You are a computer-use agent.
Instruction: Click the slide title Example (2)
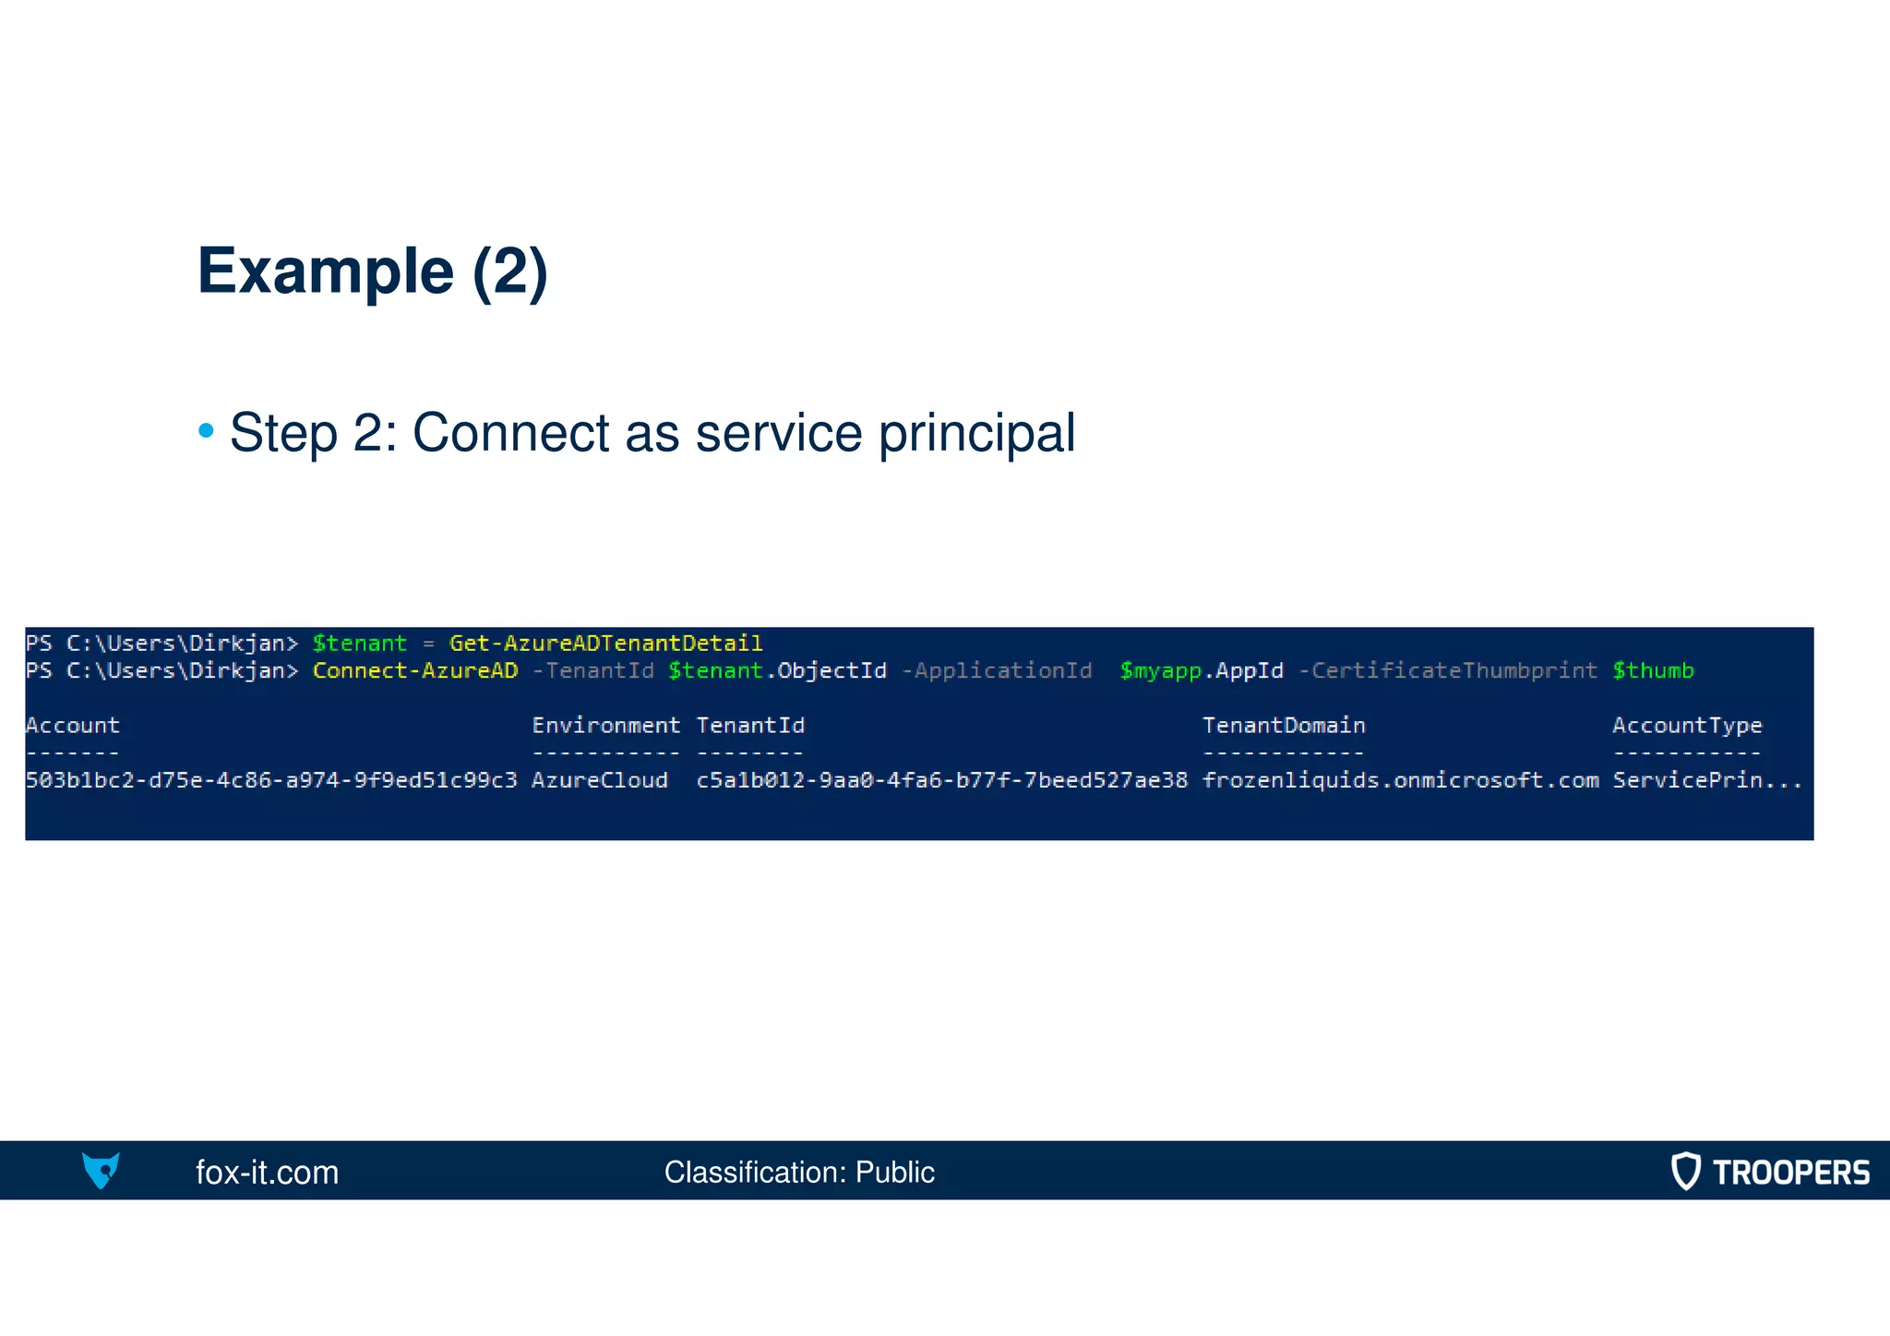pyautogui.click(x=372, y=271)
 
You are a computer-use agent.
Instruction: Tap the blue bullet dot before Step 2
pyautogui.click(x=207, y=431)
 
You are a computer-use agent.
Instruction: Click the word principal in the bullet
pyautogui.click(x=976, y=433)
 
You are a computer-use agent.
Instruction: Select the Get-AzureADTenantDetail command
pyautogui.click(x=605, y=644)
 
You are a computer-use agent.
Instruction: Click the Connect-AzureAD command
pyautogui.click(x=415, y=671)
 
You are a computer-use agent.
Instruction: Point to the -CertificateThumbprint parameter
pyautogui.click(x=1447, y=671)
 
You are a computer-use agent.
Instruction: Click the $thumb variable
pyautogui.click(x=1653, y=671)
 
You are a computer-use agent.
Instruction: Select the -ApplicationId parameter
pyautogui.click(x=997, y=671)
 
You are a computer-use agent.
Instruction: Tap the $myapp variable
pyautogui.click(x=1160, y=671)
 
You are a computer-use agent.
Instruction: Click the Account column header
pyautogui.click(x=73, y=726)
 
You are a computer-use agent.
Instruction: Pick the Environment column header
pyautogui.click(x=605, y=726)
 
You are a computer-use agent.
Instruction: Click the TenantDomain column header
pyautogui.click(x=1284, y=726)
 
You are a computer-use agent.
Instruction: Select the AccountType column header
pyautogui.click(x=1687, y=726)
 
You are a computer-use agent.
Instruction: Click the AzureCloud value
pyautogui.click(x=600, y=780)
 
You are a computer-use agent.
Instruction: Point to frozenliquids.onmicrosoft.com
pyautogui.click(x=1400, y=780)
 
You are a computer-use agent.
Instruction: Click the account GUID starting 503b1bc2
pyautogui.click(x=271, y=780)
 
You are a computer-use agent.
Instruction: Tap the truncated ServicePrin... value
pyautogui.click(x=1707, y=780)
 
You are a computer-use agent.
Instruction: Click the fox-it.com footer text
pyautogui.click(x=267, y=1172)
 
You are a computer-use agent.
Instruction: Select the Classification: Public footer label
pyautogui.click(x=799, y=1172)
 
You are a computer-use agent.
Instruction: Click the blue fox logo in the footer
pyautogui.click(x=101, y=1170)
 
